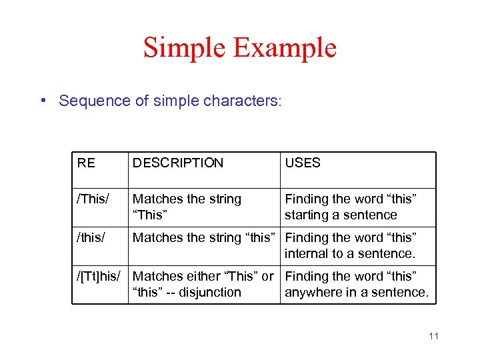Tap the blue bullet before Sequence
[x=43, y=101]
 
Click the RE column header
[x=86, y=163]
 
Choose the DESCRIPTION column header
[x=178, y=163]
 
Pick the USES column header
[x=303, y=163]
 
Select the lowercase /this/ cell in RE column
[x=91, y=237]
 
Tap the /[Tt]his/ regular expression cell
[x=100, y=276]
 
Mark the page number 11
[x=433, y=336]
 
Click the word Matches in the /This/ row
[x=155, y=199]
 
